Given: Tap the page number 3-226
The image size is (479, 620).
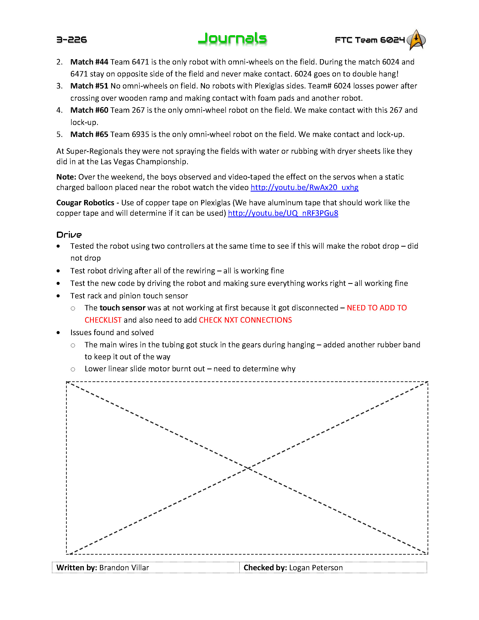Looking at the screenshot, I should tap(72, 40).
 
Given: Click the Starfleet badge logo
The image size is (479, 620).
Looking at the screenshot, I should tap(416, 40).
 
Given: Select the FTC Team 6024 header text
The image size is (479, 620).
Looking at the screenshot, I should tap(369, 40).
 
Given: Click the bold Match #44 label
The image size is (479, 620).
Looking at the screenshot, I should tap(89, 62).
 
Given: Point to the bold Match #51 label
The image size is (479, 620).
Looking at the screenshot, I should tap(89, 86).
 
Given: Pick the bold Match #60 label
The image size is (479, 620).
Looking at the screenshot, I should tap(89, 110).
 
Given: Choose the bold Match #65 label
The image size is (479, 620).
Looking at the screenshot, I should tap(89, 134).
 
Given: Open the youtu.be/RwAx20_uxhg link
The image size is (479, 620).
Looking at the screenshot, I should tap(304, 187).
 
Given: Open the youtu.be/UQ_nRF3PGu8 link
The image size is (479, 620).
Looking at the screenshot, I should tap(283, 213).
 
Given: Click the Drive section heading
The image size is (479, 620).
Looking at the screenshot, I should tap(69, 235).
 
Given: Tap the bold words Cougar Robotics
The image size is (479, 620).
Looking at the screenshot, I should tap(85, 203).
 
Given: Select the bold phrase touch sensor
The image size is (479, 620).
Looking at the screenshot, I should tap(122, 308).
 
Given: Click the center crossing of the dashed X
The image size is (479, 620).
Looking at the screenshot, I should tap(248, 468).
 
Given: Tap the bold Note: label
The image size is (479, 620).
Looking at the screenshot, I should tap(66, 177).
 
